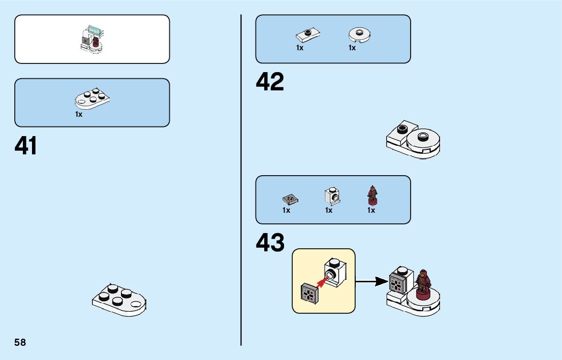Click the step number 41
click(26, 146)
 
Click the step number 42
click(270, 82)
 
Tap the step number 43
click(270, 243)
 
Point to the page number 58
click(20, 343)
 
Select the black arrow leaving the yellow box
click(371, 281)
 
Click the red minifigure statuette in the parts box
click(372, 196)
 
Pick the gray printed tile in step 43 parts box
click(290, 198)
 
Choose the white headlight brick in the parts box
click(331, 195)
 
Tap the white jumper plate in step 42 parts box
click(307, 35)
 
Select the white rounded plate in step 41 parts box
click(92, 99)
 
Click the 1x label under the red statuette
click(371, 210)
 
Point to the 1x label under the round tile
click(352, 48)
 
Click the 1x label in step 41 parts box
click(79, 114)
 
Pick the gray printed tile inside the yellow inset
click(309, 293)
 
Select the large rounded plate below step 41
click(119, 300)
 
